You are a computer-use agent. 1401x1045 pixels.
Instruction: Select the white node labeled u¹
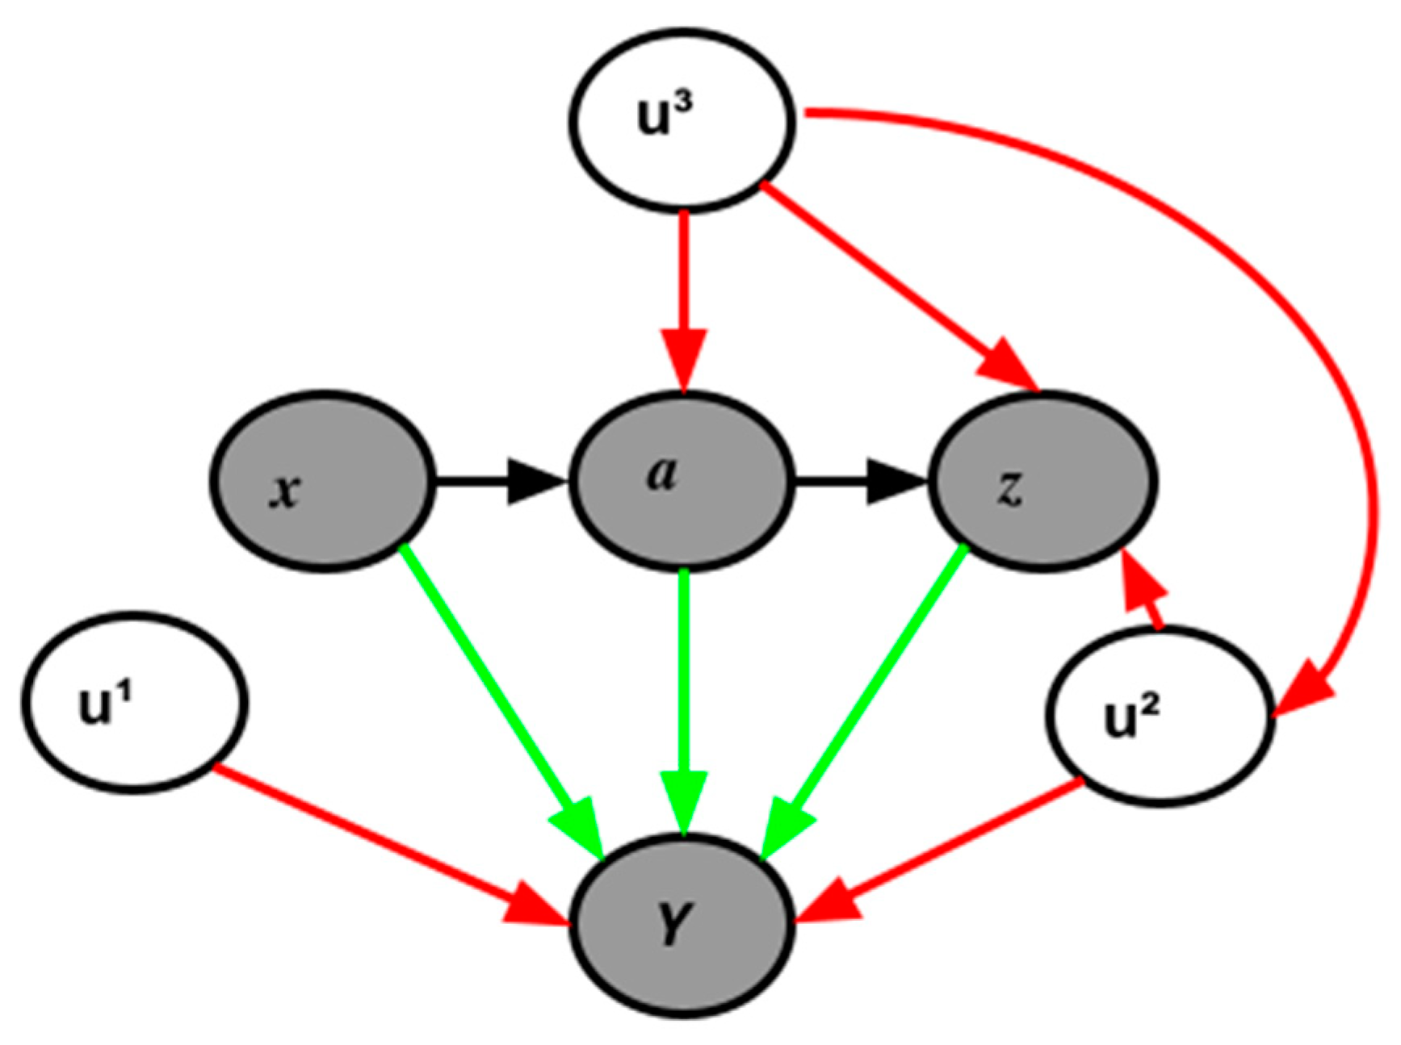coord(134,702)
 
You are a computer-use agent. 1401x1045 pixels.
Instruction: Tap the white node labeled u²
coord(1160,717)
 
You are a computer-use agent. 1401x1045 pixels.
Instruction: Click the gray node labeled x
coord(323,482)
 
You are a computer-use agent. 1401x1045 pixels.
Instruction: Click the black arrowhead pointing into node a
coord(537,482)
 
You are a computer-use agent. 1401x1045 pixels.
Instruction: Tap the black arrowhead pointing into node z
coord(896,482)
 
